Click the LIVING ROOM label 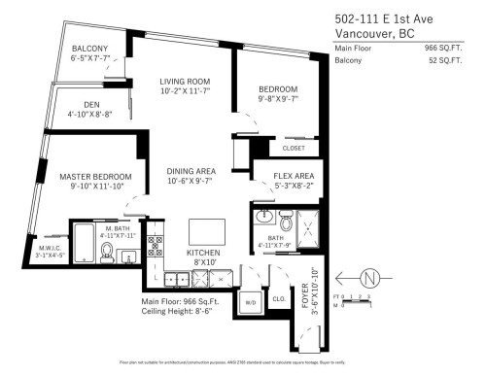click(184, 82)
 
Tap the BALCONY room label click(88, 49)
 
